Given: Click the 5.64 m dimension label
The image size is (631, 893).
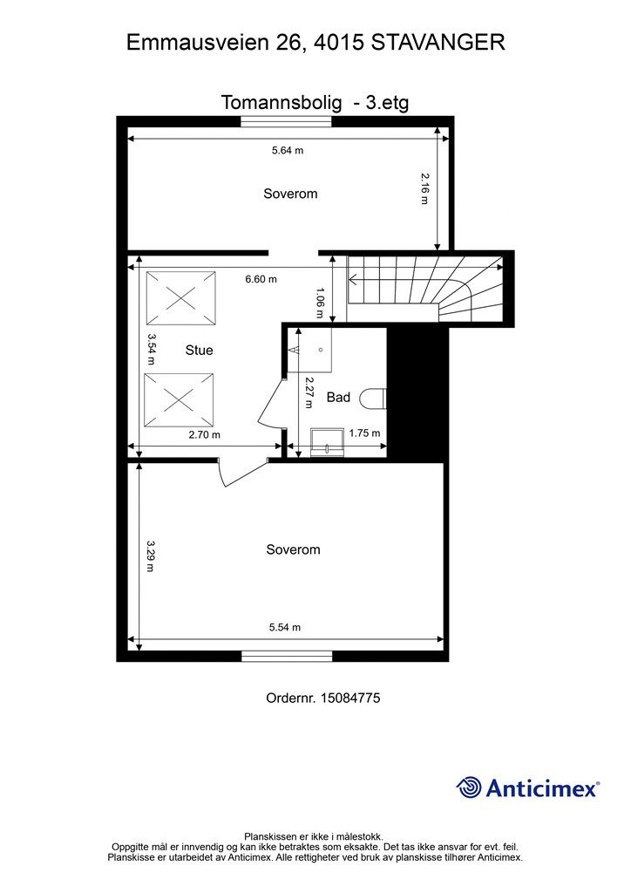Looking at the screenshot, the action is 288,150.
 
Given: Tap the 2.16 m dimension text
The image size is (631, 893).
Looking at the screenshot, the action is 424,189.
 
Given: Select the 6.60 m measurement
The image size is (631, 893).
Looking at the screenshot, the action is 261,279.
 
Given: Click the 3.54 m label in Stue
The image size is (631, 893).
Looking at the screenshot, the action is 152,350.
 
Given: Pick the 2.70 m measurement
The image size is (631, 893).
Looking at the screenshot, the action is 204,434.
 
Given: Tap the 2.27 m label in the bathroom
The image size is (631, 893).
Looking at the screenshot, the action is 309,392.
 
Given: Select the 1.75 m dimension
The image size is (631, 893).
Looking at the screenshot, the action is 364,433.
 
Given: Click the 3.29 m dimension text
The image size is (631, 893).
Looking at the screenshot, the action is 151,556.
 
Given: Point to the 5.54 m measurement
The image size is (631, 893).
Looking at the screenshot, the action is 284,627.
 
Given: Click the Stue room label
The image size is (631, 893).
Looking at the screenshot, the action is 199,351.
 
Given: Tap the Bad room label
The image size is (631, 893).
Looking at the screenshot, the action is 338,397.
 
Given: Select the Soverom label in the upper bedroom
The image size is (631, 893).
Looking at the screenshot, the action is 290,194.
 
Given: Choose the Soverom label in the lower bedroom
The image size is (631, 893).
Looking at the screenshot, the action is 293,549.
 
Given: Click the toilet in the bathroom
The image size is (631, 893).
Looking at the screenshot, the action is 374,398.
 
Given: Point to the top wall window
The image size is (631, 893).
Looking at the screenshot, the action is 286,121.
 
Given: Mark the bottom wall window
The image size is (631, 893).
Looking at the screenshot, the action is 287,657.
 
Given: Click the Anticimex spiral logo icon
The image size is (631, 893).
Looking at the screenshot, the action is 469,787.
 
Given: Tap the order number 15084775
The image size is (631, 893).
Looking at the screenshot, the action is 349,698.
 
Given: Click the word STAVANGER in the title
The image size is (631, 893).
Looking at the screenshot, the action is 438,43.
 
